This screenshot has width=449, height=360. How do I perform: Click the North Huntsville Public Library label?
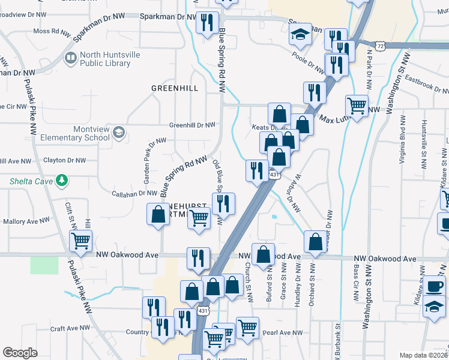pyautogui.click(x=104, y=59)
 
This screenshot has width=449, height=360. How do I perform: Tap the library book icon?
pyautogui.click(x=71, y=58)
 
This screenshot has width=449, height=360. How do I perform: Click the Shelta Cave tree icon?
pyautogui.click(x=60, y=180)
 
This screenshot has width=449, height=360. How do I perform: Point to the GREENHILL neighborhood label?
pyautogui.click(x=174, y=88)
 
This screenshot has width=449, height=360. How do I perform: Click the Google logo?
pyautogui.click(x=20, y=352)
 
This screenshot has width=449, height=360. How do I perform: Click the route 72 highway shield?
pyautogui.click(x=381, y=45)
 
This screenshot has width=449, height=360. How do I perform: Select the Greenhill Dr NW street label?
pyautogui.click(x=192, y=125)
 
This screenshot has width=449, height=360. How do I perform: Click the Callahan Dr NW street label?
pyautogui.click(x=135, y=193)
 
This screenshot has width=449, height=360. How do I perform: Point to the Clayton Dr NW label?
pyautogui.click(x=64, y=161)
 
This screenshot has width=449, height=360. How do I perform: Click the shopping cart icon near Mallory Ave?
pyautogui.click(x=81, y=241)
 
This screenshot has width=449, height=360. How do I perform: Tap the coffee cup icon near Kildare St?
pyautogui.click(x=434, y=286)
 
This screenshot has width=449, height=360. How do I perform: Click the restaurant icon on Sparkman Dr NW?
pyautogui.click(x=206, y=23)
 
